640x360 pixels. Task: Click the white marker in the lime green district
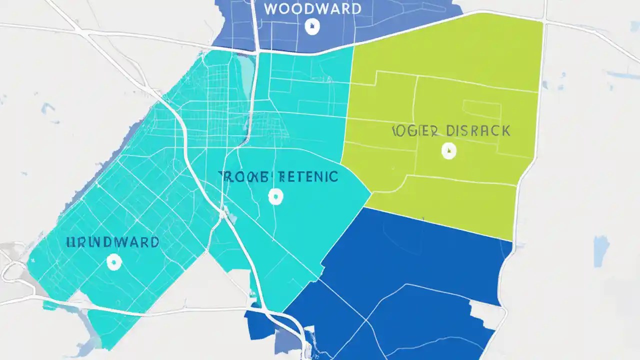tap(449, 150)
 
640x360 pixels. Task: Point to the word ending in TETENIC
tap(308, 176)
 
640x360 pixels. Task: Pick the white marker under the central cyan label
tap(275, 196)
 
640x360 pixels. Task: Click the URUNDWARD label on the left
tap(112, 242)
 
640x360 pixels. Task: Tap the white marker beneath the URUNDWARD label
tap(114, 261)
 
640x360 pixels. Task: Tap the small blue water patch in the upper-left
tap(48, 108)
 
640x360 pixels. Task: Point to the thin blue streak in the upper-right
tap(622, 75)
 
